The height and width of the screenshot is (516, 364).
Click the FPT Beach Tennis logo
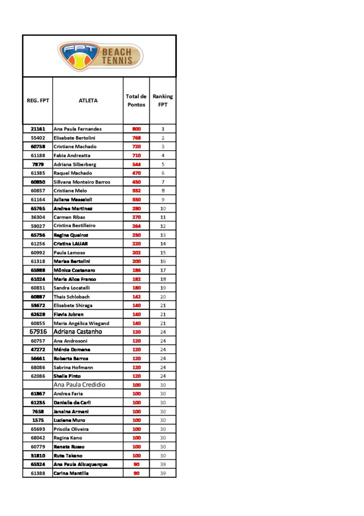point(100,56)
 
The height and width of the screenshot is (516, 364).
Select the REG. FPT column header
point(38,100)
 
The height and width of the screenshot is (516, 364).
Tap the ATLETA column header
point(88,100)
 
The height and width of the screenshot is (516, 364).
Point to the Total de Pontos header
point(136,100)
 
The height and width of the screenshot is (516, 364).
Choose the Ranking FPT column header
point(162,100)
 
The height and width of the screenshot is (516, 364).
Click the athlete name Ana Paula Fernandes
point(77,129)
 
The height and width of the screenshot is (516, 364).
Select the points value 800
point(136,129)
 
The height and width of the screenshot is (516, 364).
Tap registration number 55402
point(38,138)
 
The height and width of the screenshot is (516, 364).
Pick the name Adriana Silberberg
point(75,164)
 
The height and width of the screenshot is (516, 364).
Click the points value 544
point(136,164)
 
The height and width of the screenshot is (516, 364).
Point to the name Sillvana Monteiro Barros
point(81,182)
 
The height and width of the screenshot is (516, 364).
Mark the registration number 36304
point(38,217)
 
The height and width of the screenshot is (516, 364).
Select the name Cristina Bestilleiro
point(74,226)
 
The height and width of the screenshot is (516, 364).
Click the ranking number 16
point(163,262)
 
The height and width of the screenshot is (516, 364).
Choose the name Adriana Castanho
point(78,332)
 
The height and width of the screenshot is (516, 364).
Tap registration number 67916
point(38,332)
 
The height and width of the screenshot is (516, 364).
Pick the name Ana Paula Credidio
point(79,384)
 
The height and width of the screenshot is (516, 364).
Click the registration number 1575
point(38,420)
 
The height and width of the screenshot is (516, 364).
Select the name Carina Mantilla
point(71,473)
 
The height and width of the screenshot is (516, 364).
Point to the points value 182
point(136,279)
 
